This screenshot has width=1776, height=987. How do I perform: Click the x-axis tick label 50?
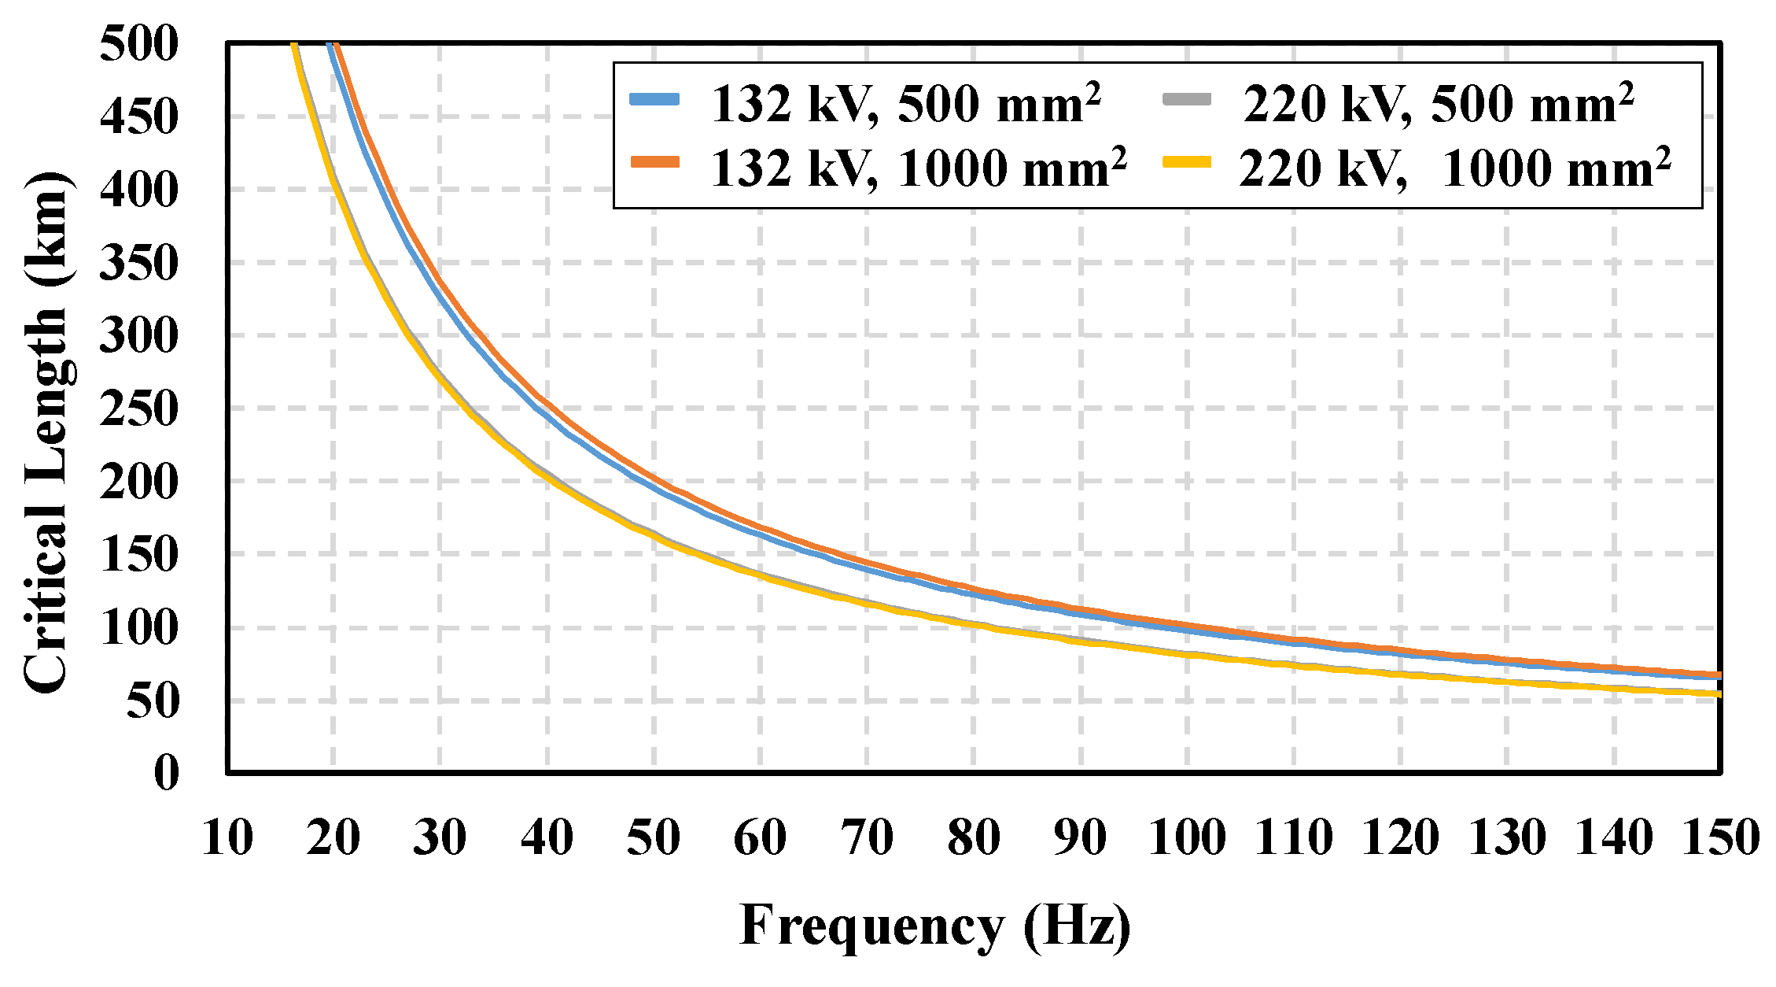pyautogui.click(x=653, y=837)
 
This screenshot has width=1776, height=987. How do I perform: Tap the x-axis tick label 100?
pyautogui.click(x=1186, y=837)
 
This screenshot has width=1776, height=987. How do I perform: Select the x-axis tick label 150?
pyautogui.click(x=1719, y=837)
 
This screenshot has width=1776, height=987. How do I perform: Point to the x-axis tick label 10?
pyautogui.click(x=227, y=837)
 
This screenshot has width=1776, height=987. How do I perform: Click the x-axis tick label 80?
pyautogui.click(x=974, y=837)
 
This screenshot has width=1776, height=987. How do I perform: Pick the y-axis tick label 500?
pyautogui.click(x=139, y=44)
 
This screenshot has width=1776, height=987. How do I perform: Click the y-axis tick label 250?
pyautogui.click(x=139, y=409)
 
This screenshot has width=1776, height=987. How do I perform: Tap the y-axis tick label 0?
pyautogui.click(x=166, y=773)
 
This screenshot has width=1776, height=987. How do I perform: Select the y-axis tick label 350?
pyautogui.click(x=139, y=263)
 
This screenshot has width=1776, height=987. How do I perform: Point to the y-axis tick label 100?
pyautogui.click(x=139, y=628)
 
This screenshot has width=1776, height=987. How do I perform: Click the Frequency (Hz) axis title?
pyautogui.click(x=935, y=926)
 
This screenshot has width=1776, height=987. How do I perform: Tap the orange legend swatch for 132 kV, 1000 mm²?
pyautogui.click(x=654, y=162)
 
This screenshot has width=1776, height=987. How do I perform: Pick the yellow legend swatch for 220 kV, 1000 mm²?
pyautogui.click(x=1186, y=162)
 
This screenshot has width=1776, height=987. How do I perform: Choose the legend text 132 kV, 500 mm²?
pyautogui.click(x=905, y=104)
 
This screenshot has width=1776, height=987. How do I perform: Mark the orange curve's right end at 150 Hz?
pyautogui.click(x=1718, y=675)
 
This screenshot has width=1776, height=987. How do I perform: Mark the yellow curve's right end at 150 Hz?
pyautogui.click(x=1718, y=693)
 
